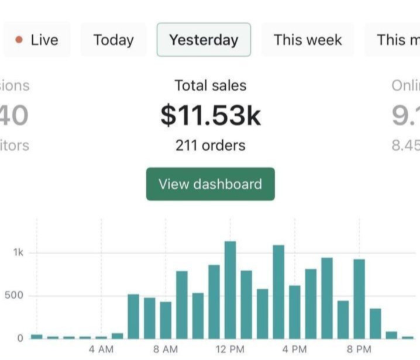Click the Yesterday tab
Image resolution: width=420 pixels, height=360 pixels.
pos(204,40)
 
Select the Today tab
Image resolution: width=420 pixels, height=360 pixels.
pos(113,40)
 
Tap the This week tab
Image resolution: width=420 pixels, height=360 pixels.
pos(308,40)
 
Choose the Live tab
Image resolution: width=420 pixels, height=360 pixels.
pos(37,40)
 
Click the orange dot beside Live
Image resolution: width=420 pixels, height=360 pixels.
pos(19,40)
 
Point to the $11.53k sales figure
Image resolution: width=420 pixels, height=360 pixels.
pos(211,115)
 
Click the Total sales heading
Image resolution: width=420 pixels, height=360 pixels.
pos(211,85)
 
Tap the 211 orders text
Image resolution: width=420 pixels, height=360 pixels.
pos(211,146)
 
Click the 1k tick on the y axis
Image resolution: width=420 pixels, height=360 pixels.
pos(18,252)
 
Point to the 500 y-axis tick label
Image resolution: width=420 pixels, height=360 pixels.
pos(15,295)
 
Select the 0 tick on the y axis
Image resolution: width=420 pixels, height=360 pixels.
pos(20,338)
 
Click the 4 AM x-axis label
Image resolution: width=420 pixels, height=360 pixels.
pos(101,349)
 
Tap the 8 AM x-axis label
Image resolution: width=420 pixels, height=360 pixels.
pos(166,349)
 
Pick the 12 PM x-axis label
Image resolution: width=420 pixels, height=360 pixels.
pos(230,349)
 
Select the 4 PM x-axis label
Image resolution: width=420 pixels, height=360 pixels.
pos(294,349)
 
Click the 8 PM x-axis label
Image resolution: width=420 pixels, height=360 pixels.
pos(359,349)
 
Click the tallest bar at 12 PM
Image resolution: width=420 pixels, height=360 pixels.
pos(230,289)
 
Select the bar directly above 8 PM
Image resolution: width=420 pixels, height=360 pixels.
pos(359,298)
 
